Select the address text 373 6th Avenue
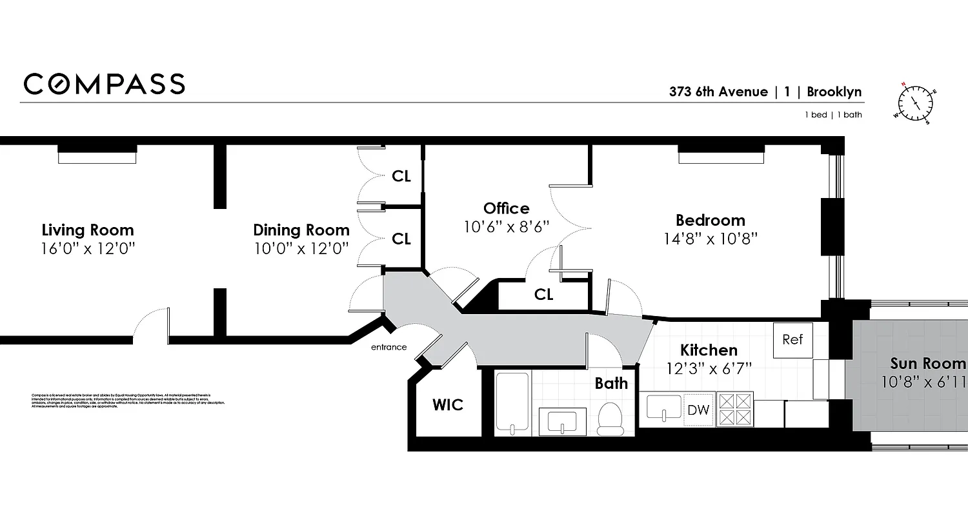click(718, 92)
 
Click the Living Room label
click(88, 230)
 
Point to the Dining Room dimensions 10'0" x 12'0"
click(301, 248)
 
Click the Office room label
click(507, 208)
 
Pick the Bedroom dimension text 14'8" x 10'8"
click(711, 239)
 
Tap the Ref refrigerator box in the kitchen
click(792, 339)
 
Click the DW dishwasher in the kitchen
click(698, 410)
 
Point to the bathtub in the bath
click(512, 403)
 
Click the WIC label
click(448, 405)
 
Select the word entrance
click(388, 347)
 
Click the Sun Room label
click(928, 363)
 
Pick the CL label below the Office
click(544, 295)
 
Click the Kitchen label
click(709, 350)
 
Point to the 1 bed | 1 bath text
click(832, 115)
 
